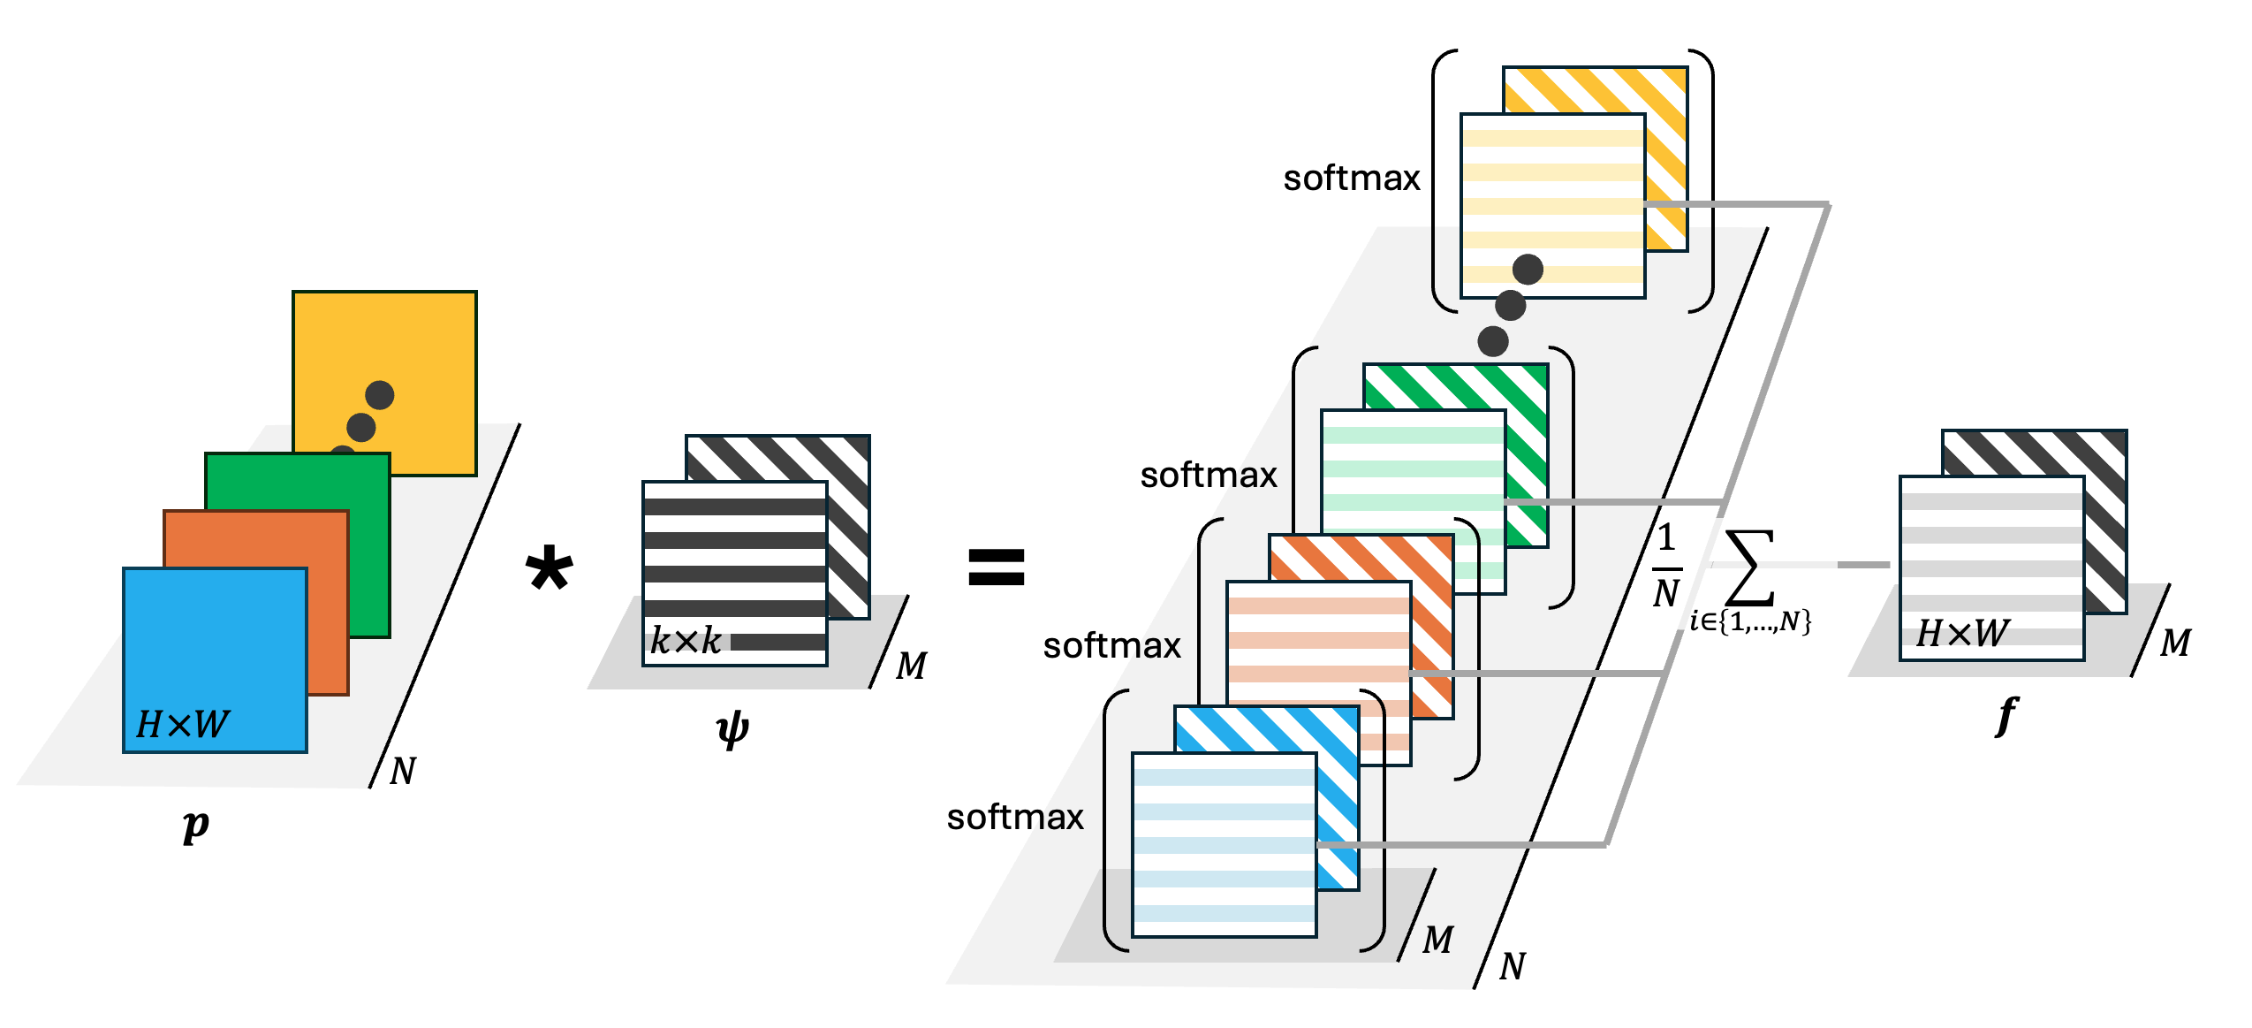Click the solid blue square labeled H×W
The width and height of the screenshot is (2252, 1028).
(x=215, y=659)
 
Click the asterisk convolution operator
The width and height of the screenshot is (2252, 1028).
(x=549, y=568)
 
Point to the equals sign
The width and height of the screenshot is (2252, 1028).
(x=996, y=567)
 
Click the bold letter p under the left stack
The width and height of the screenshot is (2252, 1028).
(x=195, y=826)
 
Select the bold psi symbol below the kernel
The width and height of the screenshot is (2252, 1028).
(x=732, y=730)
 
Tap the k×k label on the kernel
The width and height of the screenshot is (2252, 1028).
(x=686, y=641)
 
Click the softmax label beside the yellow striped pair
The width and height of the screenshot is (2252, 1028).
(x=1351, y=179)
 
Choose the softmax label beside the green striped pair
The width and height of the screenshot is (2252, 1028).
(x=1208, y=476)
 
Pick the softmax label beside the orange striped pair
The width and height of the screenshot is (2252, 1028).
(x=1111, y=646)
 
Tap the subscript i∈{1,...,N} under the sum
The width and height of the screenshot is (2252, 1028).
(x=1750, y=622)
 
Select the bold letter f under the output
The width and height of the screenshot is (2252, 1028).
(x=2006, y=715)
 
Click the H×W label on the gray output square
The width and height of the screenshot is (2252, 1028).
(x=1962, y=633)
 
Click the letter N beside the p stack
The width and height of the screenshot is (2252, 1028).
(x=403, y=772)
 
